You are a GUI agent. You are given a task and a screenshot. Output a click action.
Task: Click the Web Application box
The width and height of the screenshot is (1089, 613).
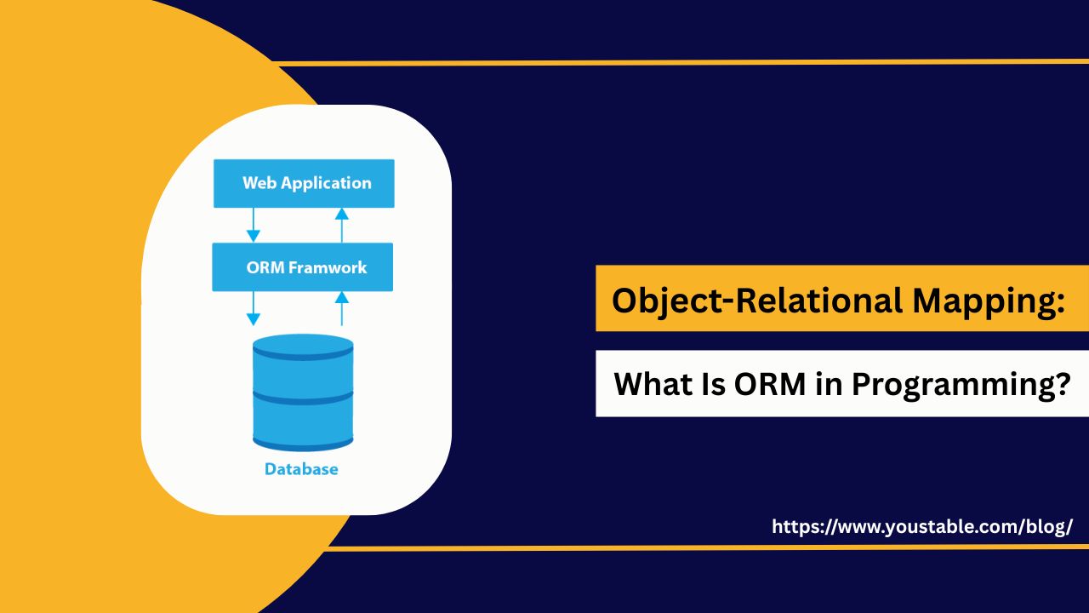click(x=304, y=183)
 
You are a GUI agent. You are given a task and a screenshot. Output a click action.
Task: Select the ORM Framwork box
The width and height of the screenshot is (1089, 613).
click(x=302, y=267)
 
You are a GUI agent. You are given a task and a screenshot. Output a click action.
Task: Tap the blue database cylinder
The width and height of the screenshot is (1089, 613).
click(x=303, y=392)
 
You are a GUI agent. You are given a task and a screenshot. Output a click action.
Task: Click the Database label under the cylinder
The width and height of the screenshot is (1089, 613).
click(x=301, y=469)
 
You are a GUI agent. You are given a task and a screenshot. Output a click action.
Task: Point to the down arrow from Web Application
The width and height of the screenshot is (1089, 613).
click(x=254, y=226)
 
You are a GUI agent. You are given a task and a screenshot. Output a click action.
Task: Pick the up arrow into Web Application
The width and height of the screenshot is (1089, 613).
click(x=342, y=226)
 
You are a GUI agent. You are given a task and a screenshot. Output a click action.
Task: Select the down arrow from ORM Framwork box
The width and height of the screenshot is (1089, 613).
click(x=254, y=309)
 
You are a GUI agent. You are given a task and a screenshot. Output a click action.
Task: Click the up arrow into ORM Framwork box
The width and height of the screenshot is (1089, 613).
click(x=342, y=309)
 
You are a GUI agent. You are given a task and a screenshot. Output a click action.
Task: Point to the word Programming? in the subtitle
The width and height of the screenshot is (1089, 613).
click(x=961, y=386)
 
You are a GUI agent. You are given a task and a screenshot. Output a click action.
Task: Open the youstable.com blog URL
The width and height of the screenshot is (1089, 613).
click(x=922, y=527)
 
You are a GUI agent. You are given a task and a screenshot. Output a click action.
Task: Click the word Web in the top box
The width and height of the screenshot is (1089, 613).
click(x=259, y=183)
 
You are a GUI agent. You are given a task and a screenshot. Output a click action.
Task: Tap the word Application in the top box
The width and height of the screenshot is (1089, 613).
click(x=326, y=184)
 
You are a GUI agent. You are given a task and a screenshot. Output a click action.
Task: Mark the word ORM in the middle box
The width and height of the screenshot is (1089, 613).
click(x=265, y=267)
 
